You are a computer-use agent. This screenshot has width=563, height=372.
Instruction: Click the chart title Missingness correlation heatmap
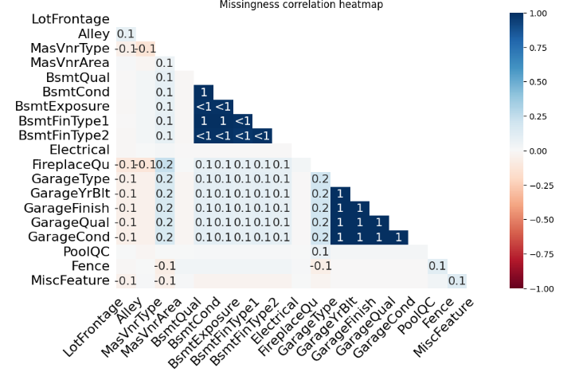click(302, 5)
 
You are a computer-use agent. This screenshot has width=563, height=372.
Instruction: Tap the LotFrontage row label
click(71, 18)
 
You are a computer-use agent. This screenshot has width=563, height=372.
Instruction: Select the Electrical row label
click(80, 150)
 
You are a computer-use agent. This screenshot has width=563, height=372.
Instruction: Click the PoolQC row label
click(86, 252)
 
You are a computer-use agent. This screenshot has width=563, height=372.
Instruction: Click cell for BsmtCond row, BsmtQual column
click(204, 92)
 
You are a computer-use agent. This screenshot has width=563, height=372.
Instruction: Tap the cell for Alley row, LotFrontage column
click(125, 33)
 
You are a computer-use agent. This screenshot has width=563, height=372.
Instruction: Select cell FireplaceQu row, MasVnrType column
click(164, 164)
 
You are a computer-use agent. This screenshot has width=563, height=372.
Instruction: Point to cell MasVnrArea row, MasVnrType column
click(164, 62)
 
